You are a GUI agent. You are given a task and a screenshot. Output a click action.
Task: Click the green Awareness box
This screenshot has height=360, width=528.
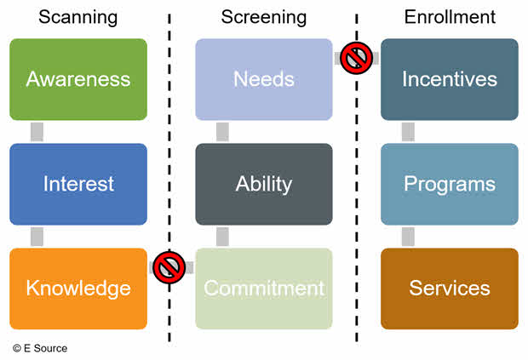(77, 79)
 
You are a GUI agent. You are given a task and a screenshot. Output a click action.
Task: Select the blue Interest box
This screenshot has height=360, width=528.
(77, 184)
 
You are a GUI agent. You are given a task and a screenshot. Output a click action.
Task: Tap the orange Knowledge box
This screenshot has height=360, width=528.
(77, 289)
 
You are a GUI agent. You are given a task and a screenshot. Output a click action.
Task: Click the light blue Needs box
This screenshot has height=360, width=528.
(263, 79)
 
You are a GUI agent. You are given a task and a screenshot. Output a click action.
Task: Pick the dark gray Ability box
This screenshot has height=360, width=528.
(263, 184)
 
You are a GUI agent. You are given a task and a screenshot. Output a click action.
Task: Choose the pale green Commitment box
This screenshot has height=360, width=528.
(263, 289)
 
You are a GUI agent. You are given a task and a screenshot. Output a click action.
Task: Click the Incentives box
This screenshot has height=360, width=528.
(449, 79)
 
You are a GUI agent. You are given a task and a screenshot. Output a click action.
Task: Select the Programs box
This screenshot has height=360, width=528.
(449, 184)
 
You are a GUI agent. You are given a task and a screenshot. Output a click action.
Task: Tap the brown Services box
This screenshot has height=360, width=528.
(449, 289)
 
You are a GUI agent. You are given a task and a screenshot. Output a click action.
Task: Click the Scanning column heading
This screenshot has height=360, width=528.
(77, 17)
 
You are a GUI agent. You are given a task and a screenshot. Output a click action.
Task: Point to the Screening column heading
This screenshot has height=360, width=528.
(263, 17)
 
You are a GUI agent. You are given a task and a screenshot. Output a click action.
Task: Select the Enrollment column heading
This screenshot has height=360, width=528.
(449, 17)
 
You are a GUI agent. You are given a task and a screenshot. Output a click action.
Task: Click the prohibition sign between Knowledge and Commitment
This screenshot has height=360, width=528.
(170, 268)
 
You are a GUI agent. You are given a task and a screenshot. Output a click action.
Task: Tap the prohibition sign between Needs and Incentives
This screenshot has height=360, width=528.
(356, 59)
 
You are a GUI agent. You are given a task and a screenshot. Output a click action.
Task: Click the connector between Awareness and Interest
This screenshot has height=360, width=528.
(37, 132)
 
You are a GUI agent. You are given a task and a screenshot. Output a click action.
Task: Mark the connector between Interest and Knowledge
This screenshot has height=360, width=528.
(37, 237)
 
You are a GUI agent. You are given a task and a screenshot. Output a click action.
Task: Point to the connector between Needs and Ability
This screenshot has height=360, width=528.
(222, 132)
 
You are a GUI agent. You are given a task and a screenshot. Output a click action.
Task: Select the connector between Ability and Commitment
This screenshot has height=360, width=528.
(222, 237)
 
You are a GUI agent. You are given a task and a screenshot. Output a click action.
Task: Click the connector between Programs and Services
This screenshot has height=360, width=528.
(408, 237)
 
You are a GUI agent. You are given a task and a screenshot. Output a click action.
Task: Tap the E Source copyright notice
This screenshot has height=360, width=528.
(40, 348)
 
